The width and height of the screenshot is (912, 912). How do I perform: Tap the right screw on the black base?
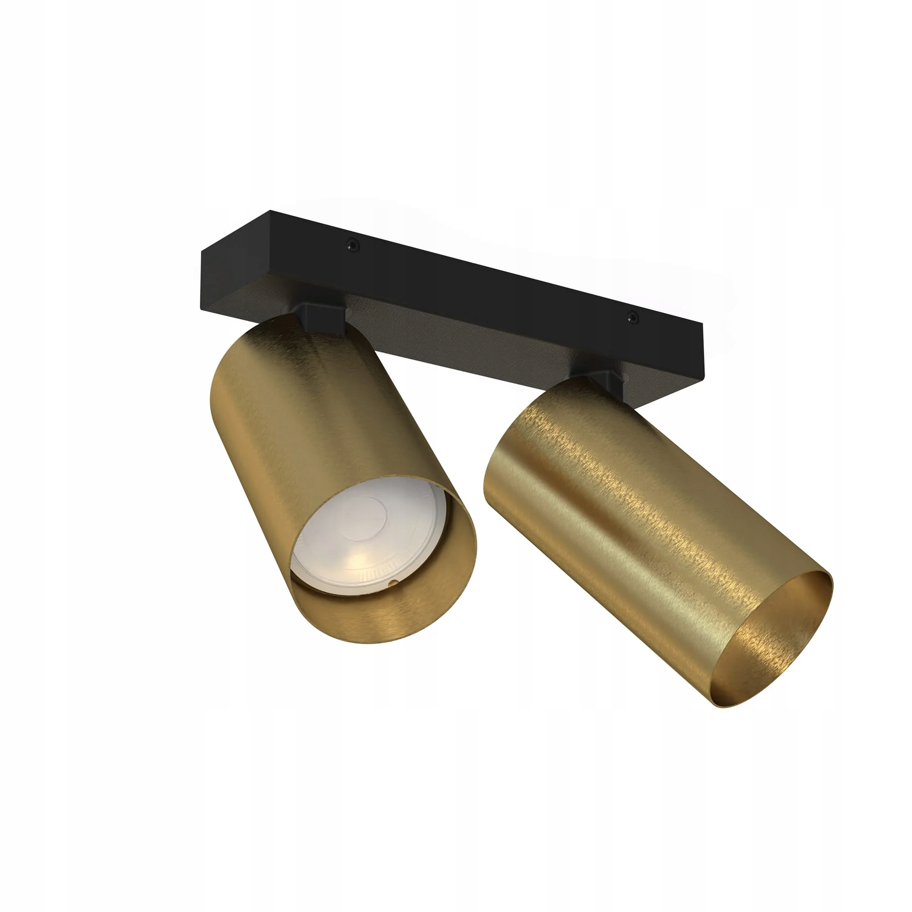(631, 318)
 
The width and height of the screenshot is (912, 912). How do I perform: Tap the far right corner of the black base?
(702, 326)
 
